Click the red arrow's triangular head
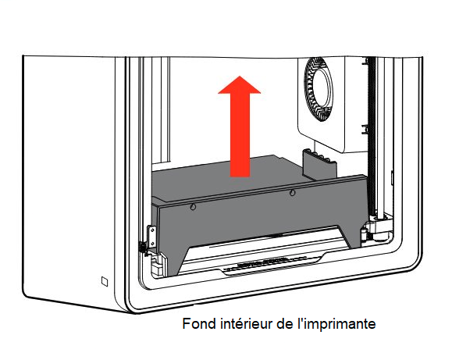point(239,86)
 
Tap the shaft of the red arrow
point(240,135)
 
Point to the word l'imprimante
point(336,324)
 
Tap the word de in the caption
point(285,323)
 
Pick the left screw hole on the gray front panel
point(193,207)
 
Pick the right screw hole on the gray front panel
point(292,192)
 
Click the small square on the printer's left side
point(105,281)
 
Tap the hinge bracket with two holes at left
point(152,237)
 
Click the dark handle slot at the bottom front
point(262,263)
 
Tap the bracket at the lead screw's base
point(375,228)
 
